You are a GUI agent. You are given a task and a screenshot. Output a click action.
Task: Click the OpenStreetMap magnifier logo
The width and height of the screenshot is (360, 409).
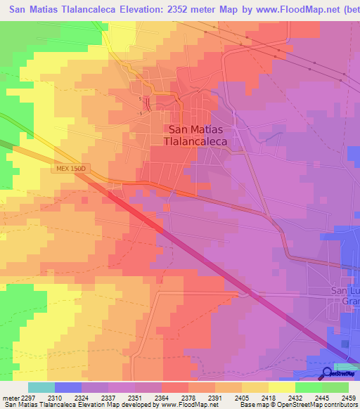(328, 372)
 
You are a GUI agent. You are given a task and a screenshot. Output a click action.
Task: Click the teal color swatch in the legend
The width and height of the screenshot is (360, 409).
(41, 387)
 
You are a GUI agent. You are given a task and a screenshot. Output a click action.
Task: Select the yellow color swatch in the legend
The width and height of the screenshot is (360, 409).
(281, 387)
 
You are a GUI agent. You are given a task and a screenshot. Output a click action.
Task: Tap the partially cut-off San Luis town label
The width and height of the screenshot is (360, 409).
(345, 296)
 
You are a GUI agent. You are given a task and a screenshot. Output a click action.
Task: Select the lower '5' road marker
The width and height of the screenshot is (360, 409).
(141, 113)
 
